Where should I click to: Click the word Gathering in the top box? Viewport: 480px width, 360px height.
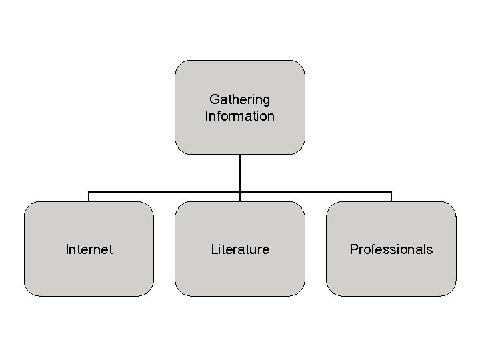pos(239,100)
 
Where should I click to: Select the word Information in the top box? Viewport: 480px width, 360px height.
pos(239,116)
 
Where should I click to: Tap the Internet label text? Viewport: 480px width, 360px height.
pos(89,249)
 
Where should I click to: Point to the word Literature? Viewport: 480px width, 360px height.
pos(240,249)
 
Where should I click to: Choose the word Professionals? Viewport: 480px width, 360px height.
pos(391,249)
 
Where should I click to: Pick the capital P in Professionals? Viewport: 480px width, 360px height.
pos(354,249)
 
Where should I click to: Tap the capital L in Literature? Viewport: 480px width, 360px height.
pos(214,249)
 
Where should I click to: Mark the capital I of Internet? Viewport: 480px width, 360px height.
pos(67,249)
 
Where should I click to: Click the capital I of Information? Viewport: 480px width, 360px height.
pos(207,116)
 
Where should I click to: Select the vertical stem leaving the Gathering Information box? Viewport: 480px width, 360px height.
pos(240,170)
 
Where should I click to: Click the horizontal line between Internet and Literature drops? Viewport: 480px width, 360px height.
pos(164,192)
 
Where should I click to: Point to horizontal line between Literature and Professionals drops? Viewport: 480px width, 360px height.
pos(315,192)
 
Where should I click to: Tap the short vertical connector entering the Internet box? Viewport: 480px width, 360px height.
pos(89,197)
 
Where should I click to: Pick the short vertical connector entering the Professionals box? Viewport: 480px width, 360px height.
pos(391,197)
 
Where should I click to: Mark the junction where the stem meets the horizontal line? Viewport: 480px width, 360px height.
pos(240,192)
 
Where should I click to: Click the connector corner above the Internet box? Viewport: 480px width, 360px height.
pos(89,192)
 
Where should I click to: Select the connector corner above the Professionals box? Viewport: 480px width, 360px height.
pos(391,192)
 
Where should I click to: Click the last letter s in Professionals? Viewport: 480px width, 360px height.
pos(430,250)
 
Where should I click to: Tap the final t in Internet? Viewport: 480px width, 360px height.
pos(111,249)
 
